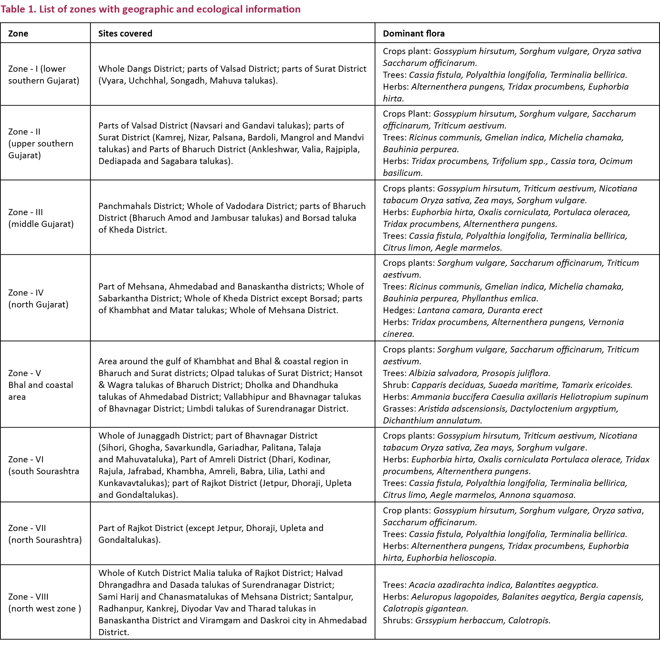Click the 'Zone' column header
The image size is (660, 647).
pos(18,33)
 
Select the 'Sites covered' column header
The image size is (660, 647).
pos(125,33)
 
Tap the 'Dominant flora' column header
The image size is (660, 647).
pos(414,33)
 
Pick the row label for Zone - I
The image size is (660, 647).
pos(44,74)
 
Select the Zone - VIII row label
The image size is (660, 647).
pos(45,602)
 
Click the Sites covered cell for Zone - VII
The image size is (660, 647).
pos(211,534)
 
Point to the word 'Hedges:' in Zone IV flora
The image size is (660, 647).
pos(398,310)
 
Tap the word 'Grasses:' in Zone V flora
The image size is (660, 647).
pos(399,409)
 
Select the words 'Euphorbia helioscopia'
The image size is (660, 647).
pos(451,558)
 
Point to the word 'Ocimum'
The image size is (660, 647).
pos(615,161)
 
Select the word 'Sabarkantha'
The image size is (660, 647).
pos(123,298)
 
